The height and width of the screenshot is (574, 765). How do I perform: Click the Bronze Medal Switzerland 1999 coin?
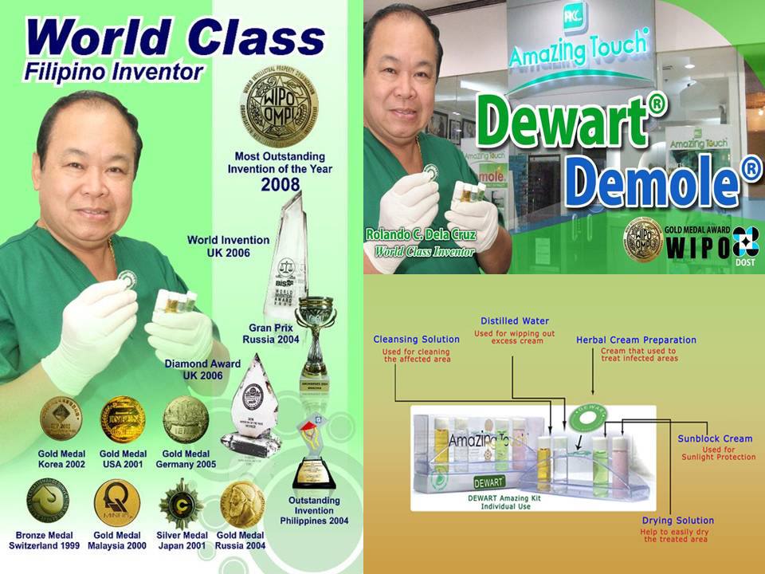[x=47, y=501]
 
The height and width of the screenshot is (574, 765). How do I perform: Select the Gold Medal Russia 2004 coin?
[x=242, y=503]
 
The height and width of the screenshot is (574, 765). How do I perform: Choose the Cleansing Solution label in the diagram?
[x=417, y=340]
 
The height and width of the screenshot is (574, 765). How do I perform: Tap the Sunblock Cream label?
[x=715, y=438]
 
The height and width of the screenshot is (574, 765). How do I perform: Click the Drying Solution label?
[x=677, y=521]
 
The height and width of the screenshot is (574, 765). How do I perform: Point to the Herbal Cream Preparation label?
[x=636, y=340]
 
